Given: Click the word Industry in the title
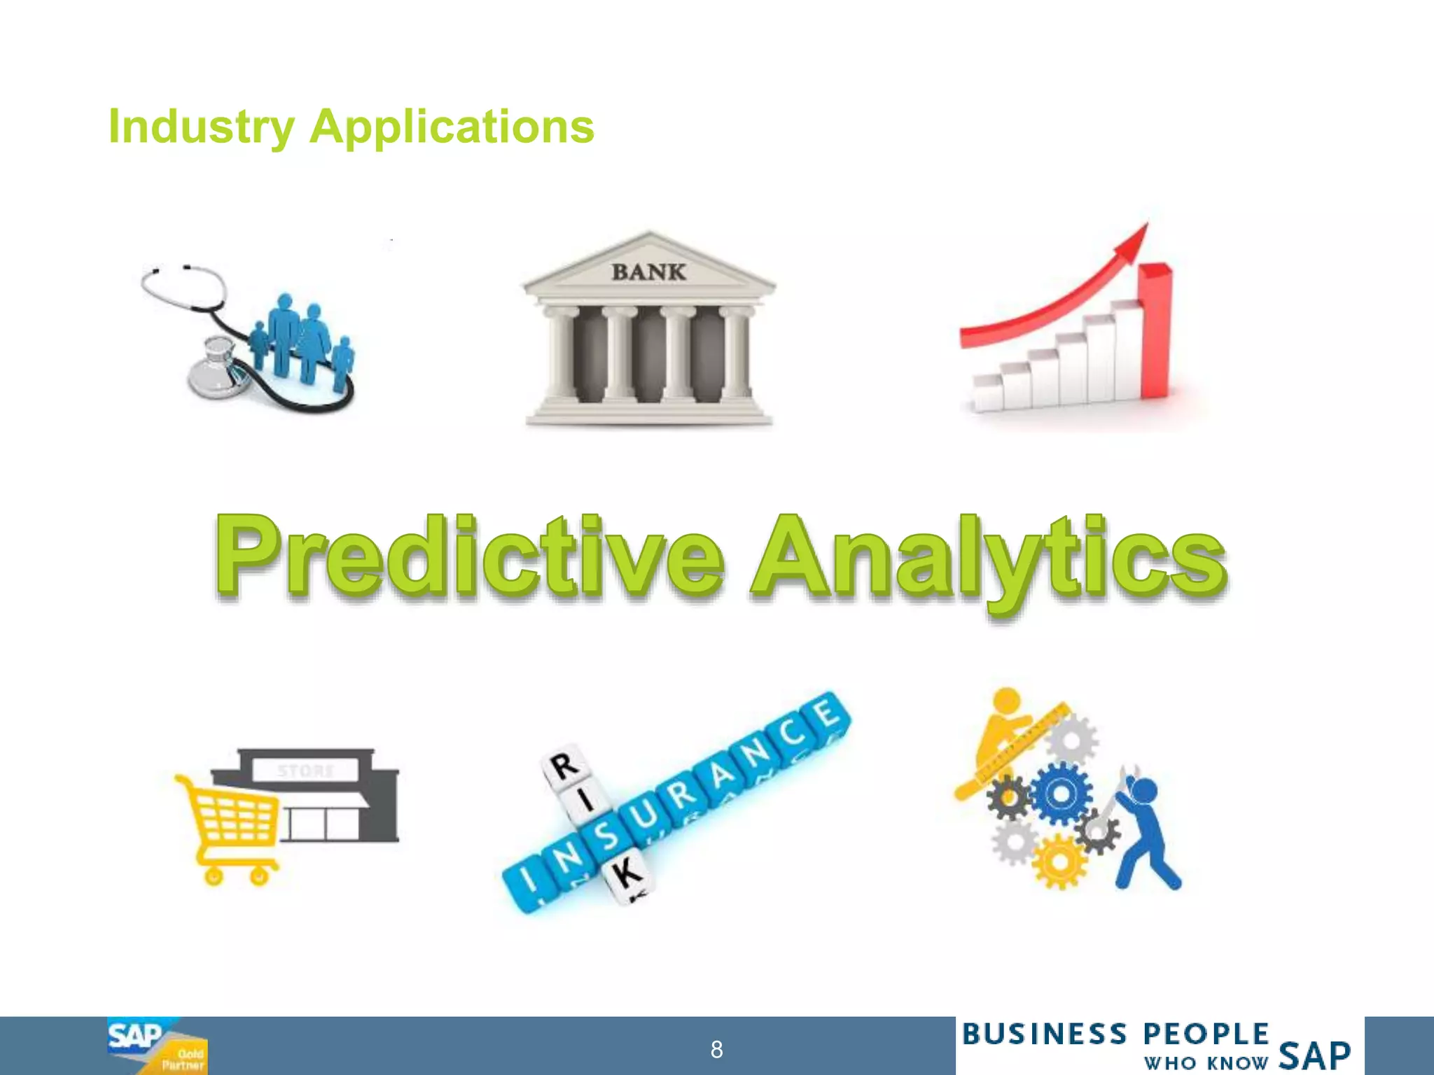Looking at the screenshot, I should click(202, 127).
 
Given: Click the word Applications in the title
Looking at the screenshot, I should click(452, 127).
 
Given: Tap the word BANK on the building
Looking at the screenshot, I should click(648, 272).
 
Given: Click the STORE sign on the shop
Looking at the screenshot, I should click(306, 771).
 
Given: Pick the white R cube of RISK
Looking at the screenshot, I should click(563, 766).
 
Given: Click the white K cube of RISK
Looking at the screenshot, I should click(625, 874).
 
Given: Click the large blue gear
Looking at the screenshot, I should click(1060, 793).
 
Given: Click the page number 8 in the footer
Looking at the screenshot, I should click(716, 1049).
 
